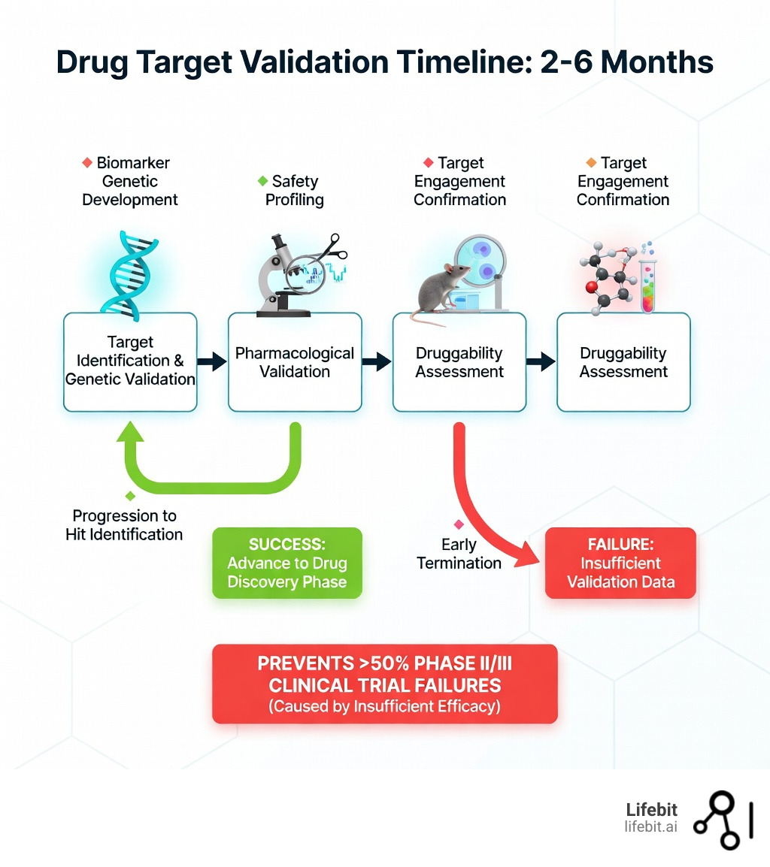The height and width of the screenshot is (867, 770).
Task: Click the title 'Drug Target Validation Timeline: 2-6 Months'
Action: coord(384,62)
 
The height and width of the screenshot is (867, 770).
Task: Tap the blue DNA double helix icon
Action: coord(130,271)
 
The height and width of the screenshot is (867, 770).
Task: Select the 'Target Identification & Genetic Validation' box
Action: coord(130,362)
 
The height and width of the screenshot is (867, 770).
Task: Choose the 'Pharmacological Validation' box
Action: coord(295,362)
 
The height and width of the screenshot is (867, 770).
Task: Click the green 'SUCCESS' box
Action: coord(286,563)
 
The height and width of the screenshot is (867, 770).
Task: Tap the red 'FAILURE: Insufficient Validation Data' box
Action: coord(620,563)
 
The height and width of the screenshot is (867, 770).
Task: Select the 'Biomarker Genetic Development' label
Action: coord(130,181)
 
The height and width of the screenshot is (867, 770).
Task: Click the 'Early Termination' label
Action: coord(459,553)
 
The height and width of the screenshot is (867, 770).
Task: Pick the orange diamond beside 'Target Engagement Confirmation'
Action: coord(591,162)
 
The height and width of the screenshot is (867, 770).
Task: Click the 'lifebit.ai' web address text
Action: coord(650,826)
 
